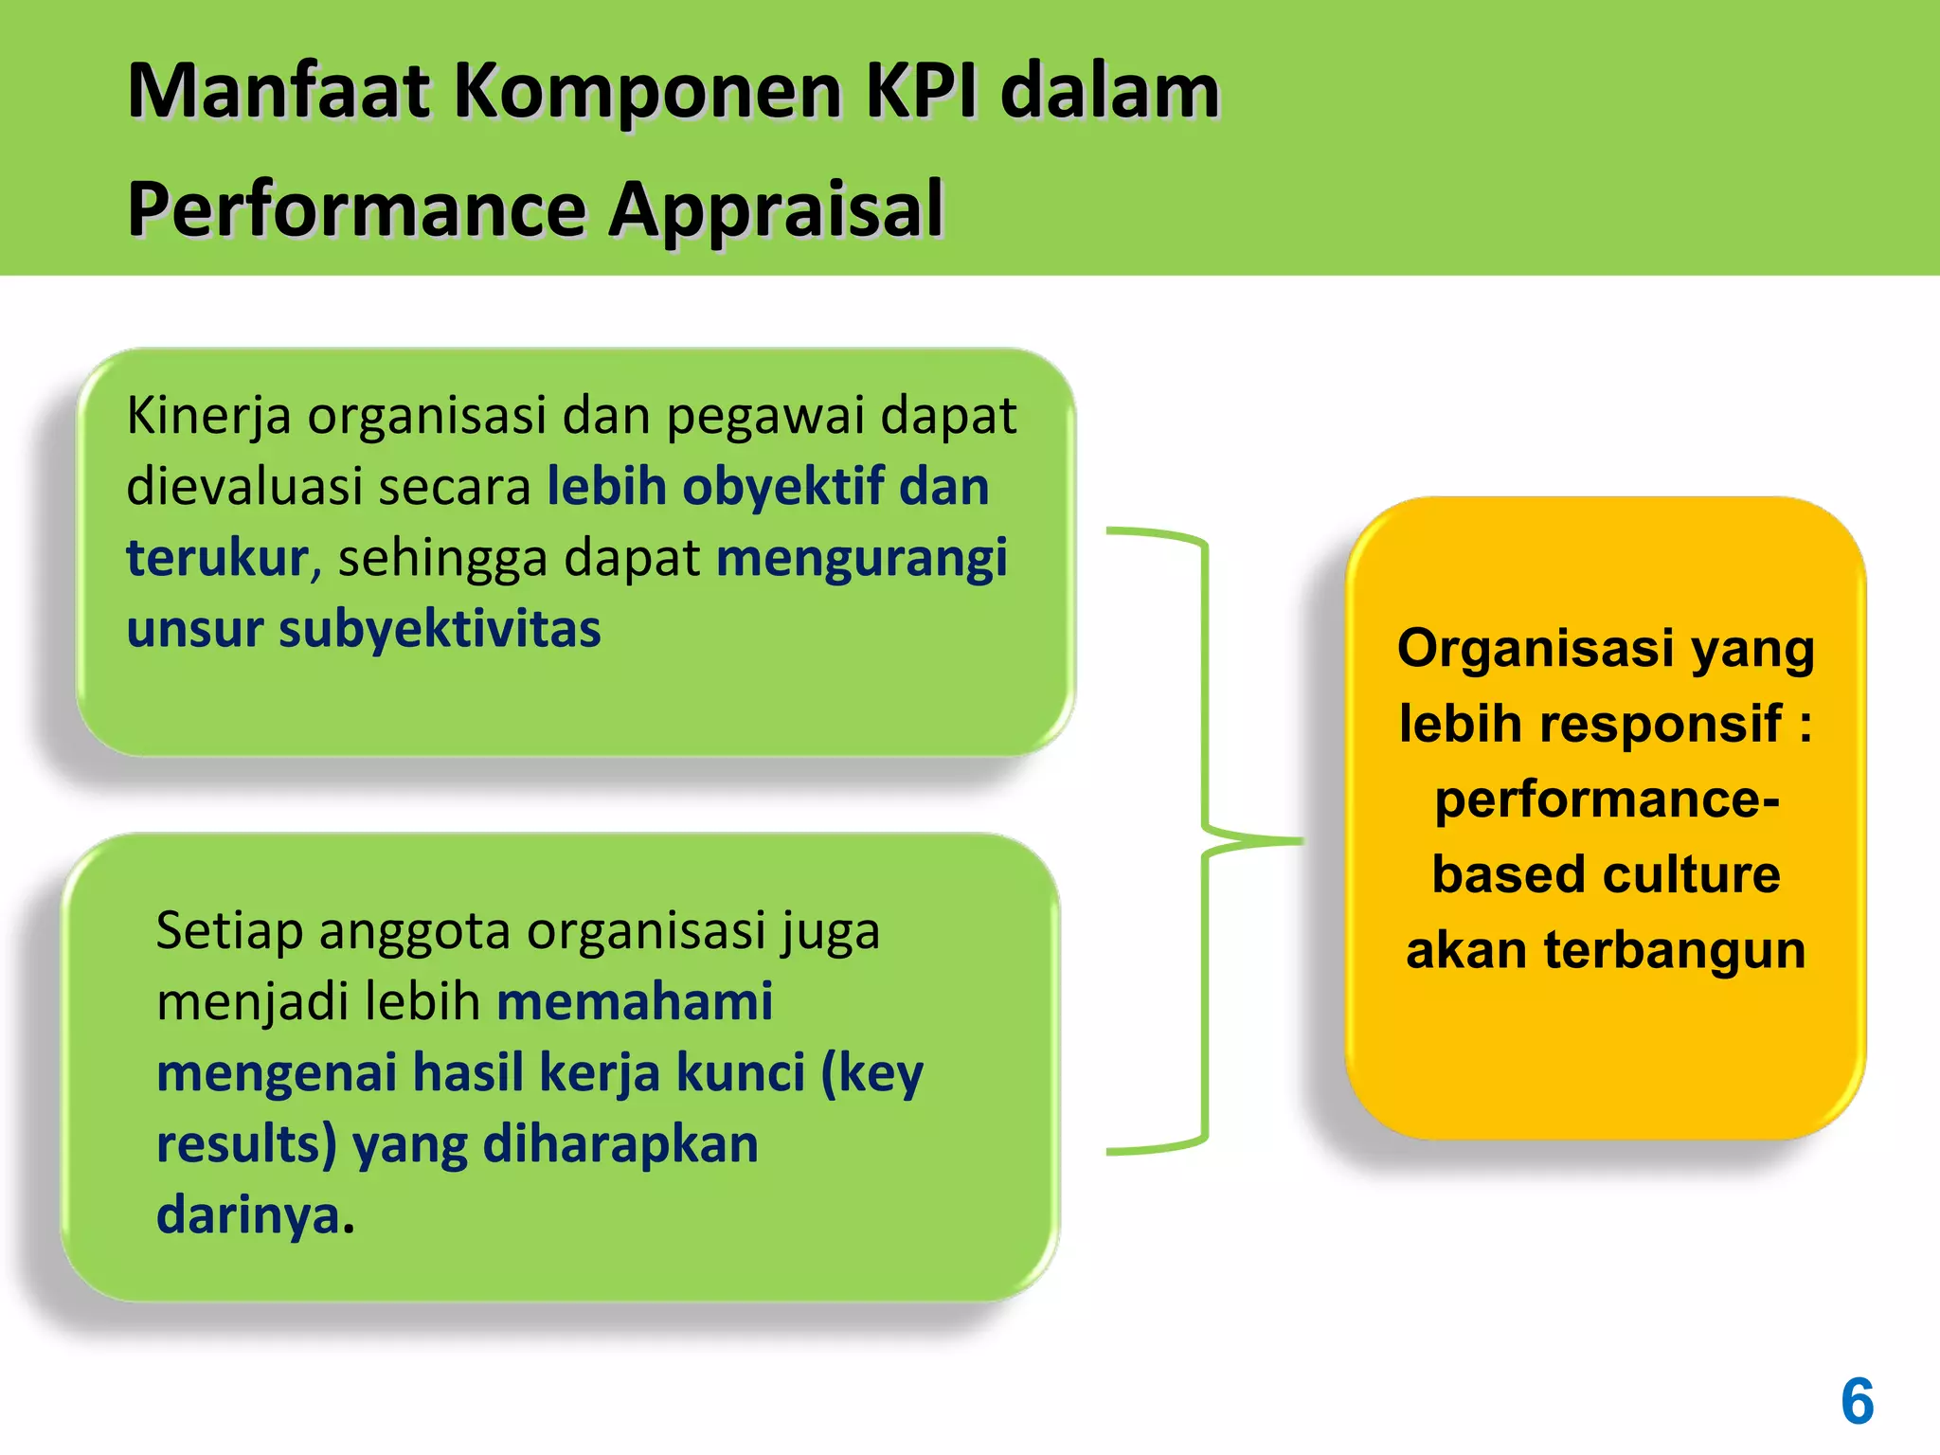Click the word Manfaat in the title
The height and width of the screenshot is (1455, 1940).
tap(278, 92)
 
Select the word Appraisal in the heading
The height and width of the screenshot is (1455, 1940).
tap(776, 210)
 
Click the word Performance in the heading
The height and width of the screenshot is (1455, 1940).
tap(357, 210)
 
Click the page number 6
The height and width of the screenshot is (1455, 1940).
tap(1857, 1401)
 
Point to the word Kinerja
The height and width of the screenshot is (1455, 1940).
tap(208, 416)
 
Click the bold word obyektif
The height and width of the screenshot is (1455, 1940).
tap(782, 487)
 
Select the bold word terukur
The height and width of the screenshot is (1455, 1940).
tap(217, 558)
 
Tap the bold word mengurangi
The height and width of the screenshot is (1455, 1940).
tap(861, 559)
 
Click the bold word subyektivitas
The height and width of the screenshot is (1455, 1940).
tap(440, 629)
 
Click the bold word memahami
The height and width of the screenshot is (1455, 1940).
tap(635, 1002)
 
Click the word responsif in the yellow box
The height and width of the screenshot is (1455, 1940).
tap(1660, 724)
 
